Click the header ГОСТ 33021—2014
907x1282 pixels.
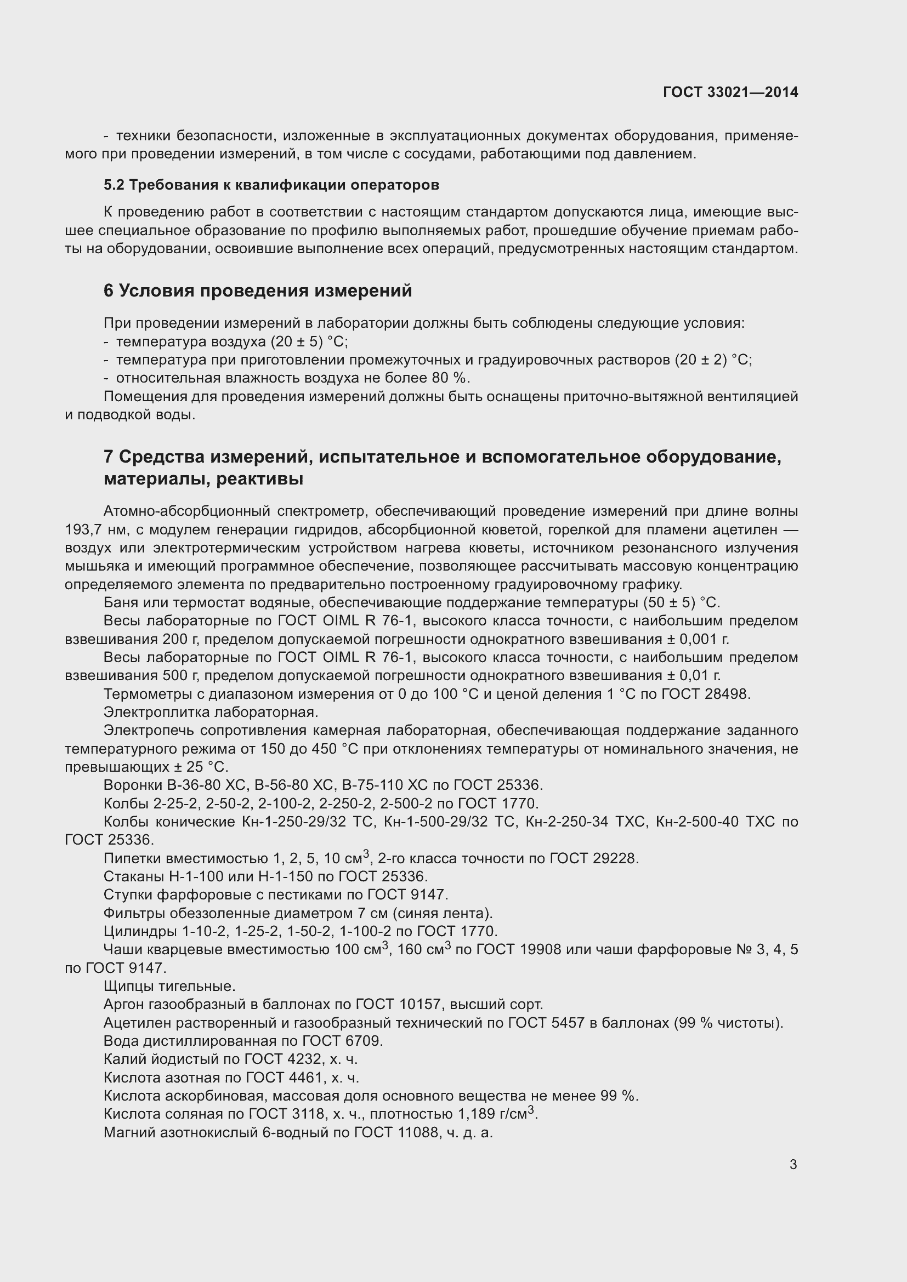[730, 92]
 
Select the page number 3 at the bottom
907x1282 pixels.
[793, 1164]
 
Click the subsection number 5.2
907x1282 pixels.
[114, 185]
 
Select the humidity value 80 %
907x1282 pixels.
[450, 378]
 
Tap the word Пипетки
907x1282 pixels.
[129, 859]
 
